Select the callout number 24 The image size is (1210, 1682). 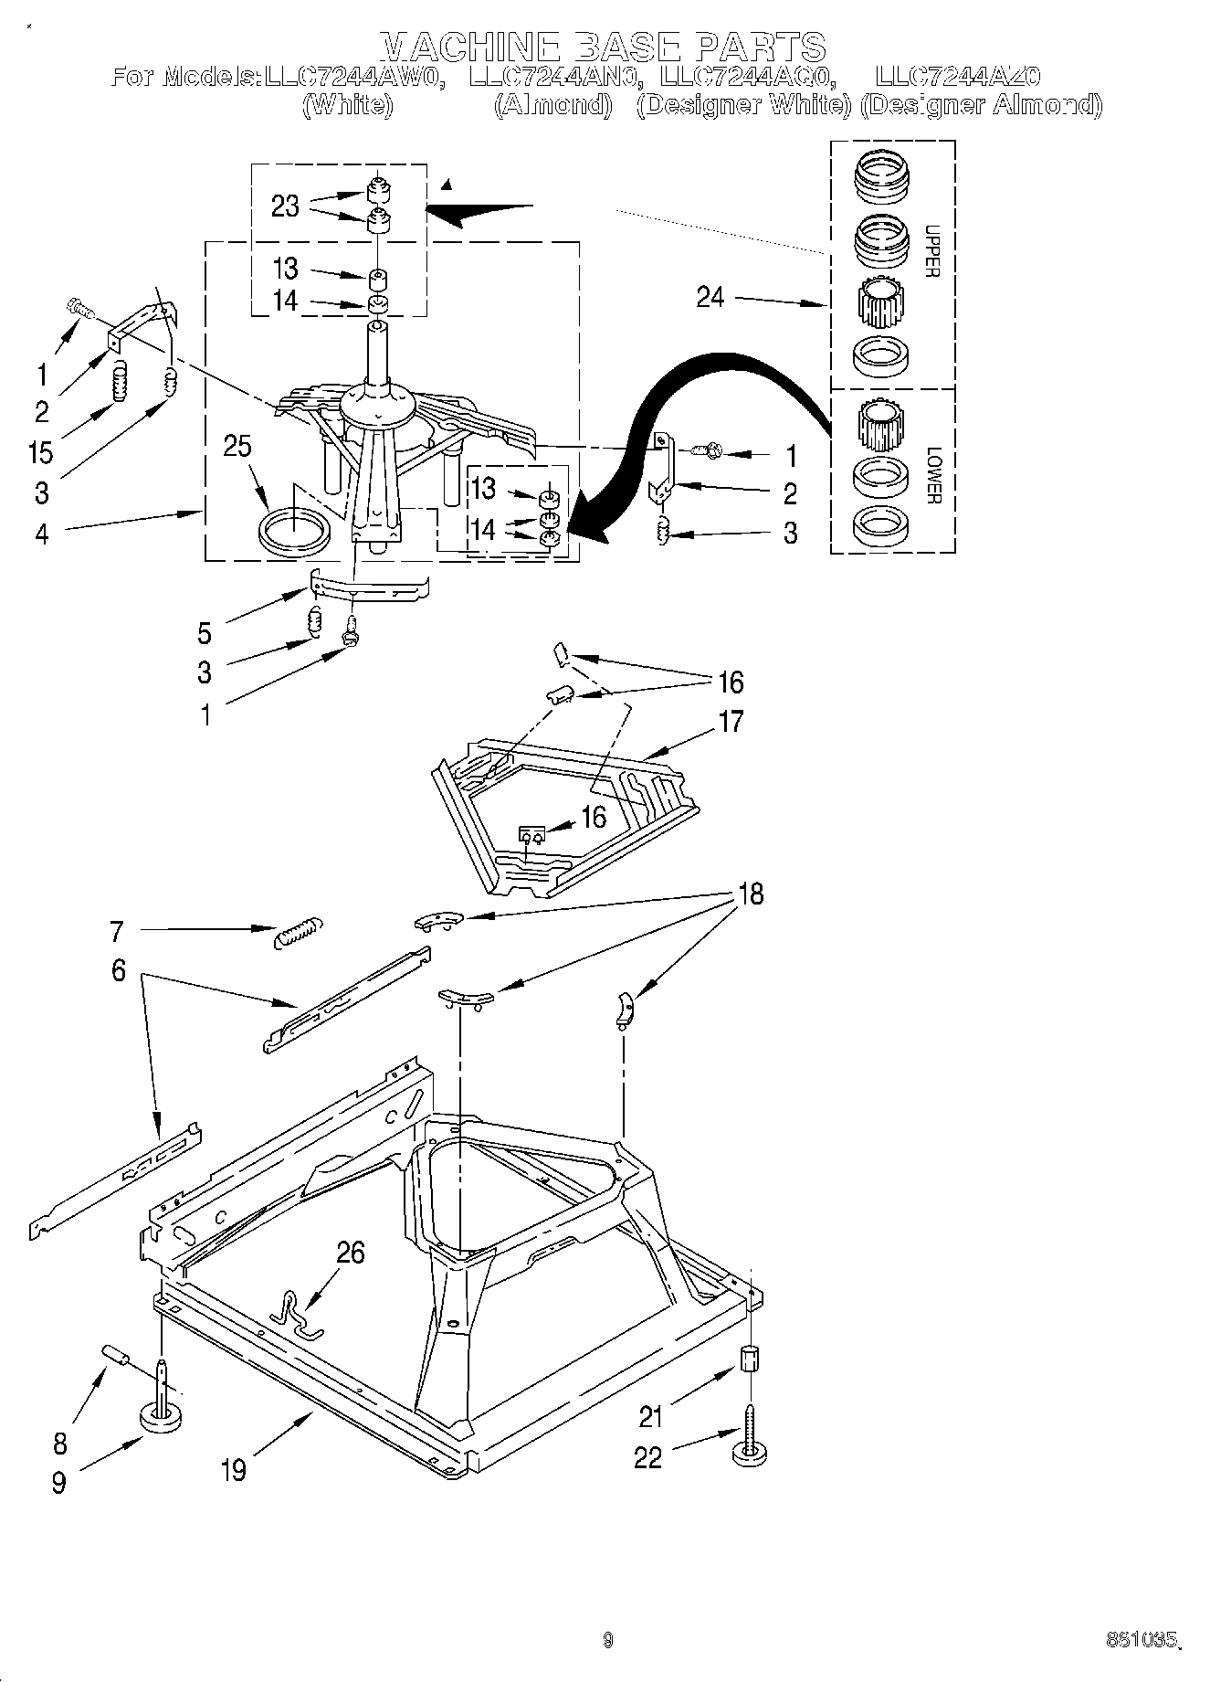710,297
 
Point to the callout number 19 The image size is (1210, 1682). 234,1469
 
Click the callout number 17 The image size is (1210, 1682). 731,722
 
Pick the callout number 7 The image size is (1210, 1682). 116,931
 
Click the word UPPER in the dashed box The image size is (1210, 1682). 931,251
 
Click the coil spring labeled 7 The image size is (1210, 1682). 298,932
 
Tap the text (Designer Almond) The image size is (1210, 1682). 981,105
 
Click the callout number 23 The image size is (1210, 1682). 285,206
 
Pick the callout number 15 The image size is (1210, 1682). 41,452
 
